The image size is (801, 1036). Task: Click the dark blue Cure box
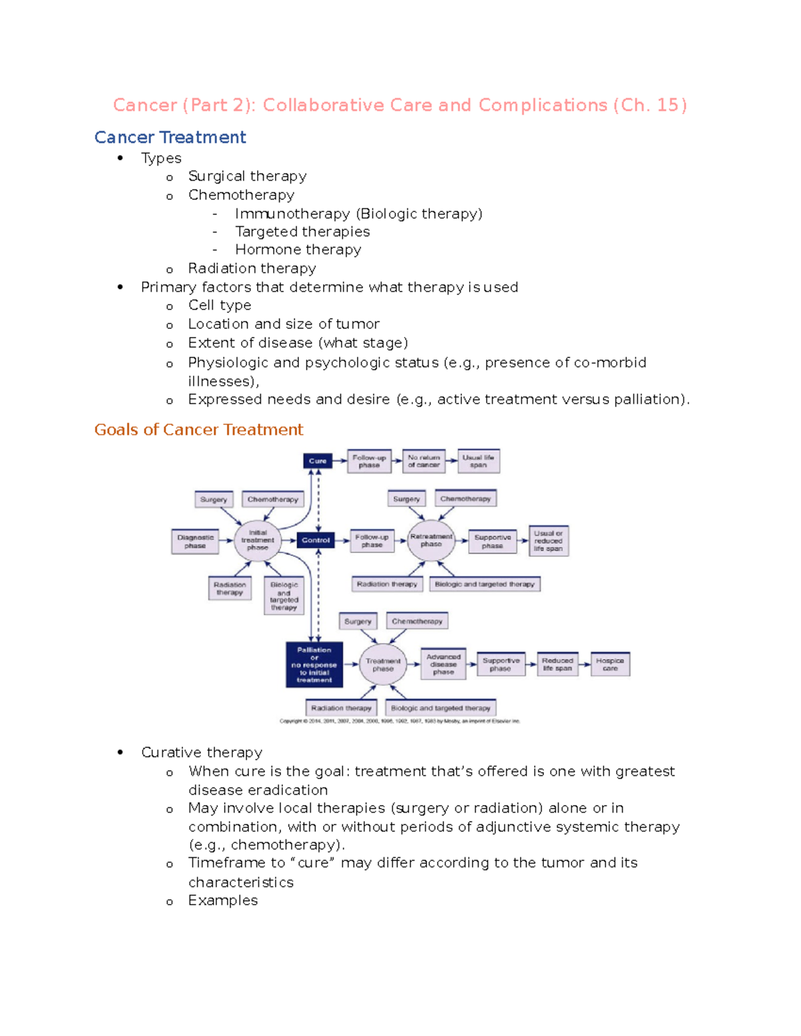[x=318, y=461]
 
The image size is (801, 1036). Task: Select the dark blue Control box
[x=315, y=540]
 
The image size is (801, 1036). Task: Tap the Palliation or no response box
[x=314, y=664]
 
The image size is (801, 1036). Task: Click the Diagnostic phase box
[x=195, y=541]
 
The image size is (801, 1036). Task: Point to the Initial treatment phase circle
[x=258, y=540]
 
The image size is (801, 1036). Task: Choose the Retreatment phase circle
[x=431, y=540]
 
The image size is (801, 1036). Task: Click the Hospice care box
[x=610, y=664]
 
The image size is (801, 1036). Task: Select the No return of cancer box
[x=424, y=461]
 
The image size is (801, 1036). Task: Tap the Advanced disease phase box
[x=443, y=664]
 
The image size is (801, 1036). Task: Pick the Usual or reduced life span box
[x=548, y=541]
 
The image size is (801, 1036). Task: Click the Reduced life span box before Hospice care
[x=557, y=664]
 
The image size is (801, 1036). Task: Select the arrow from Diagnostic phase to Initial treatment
[x=226, y=541]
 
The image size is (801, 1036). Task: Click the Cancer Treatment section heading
[x=170, y=137]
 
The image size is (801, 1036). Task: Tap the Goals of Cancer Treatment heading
[x=199, y=430]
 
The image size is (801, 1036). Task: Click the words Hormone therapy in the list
[x=298, y=249]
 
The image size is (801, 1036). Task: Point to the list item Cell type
[x=220, y=306]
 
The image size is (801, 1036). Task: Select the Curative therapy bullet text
[x=202, y=752]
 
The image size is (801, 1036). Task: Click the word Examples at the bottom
[x=223, y=901]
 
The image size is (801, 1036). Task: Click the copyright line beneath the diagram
[x=399, y=721]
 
